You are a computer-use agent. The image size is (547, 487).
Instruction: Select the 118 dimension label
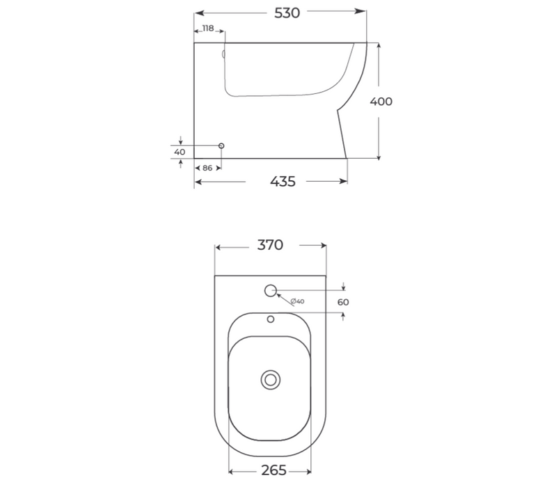point(207,29)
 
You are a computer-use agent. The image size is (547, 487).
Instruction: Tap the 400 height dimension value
point(381,101)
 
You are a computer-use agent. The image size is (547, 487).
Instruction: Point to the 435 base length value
point(282,182)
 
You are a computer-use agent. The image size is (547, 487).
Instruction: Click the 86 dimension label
point(207,168)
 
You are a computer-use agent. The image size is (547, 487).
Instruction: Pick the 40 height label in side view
point(180,152)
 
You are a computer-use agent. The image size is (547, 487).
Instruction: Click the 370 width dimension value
point(270,245)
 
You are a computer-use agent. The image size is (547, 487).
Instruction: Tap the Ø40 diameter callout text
point(298,301)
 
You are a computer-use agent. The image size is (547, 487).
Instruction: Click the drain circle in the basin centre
point(270,379)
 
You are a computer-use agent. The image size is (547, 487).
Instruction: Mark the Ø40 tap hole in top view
point(270,289)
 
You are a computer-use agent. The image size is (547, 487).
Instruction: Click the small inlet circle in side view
point(221,145)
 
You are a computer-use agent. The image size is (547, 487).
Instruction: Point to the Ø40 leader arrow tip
point(278,295)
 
